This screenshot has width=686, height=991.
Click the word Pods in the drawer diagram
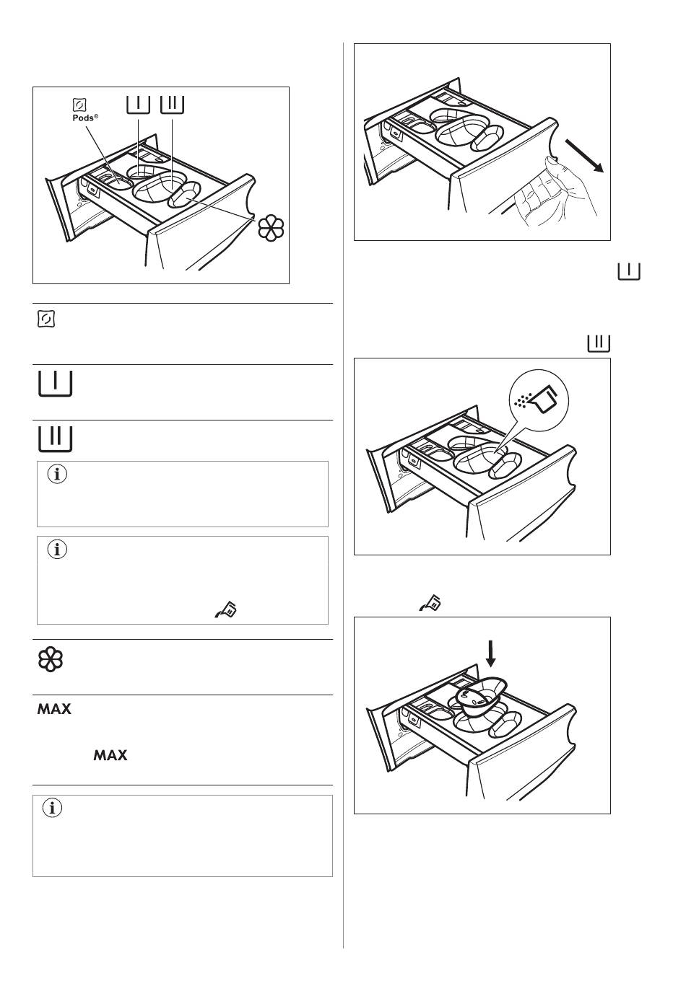(83, 118)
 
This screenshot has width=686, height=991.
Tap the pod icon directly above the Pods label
(79, 105)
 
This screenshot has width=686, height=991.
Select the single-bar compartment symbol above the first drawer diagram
(138, 105)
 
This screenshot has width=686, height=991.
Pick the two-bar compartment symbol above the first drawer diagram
(173, 105)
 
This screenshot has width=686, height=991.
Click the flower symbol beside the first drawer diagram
(271, 228)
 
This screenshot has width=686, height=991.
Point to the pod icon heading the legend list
(46, 319)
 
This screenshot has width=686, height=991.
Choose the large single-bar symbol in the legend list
(55, 383)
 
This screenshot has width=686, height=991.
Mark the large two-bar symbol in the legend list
(55, 439)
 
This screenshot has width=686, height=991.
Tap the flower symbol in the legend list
(51, 659)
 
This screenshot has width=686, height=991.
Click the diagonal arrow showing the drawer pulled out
(585, 155)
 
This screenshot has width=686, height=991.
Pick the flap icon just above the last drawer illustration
(430, 603)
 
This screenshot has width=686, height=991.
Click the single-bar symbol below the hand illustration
(629, 271)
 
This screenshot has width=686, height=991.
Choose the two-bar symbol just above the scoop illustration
(599, 343)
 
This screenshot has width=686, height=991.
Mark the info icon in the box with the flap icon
(57, 550)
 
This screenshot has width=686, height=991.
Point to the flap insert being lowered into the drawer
(480, 696)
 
